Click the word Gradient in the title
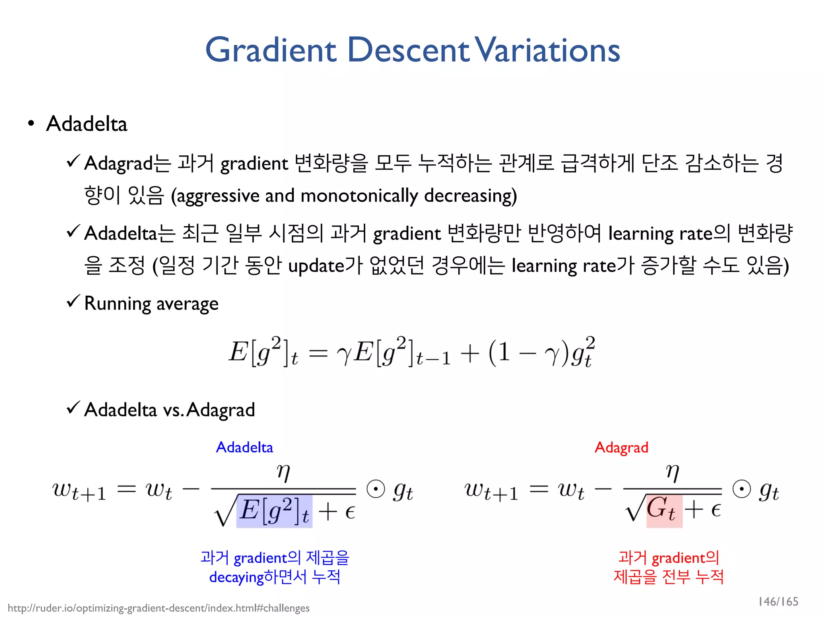pos(271,50)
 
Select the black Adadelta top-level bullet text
pos(87,124)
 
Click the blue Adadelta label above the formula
pos(244,447)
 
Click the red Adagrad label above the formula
pos(621,447)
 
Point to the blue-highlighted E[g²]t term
pos(274,511)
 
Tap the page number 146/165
pos(778,602)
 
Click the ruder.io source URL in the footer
pos(159,608)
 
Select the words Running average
pos(151,303)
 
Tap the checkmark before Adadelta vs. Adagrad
pos(73,408)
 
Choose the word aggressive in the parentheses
pos(218,196)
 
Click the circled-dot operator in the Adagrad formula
pos(741,489)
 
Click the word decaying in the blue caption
pos(236,577)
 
